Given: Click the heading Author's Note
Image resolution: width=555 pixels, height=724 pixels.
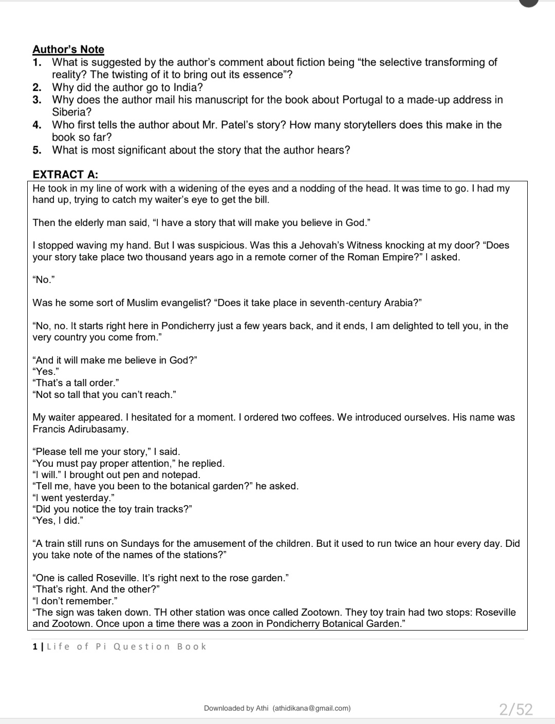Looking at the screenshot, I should pyautogui.click(x=68, y=49).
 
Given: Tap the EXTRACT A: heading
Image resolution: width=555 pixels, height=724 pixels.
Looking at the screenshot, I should pyautogui.click(x=65, y=175).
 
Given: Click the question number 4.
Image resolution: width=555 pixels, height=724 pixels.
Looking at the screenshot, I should pyautogui.click(x=36, y=125).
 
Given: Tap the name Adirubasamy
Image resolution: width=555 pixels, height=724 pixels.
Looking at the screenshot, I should pyautogui.click(x=97, y=429).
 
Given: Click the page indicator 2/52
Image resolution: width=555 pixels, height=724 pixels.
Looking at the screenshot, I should pyautogui.click(x=516, y=709).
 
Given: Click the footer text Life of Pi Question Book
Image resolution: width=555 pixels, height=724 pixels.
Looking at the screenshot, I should pyautogui.click(x=126, y=646).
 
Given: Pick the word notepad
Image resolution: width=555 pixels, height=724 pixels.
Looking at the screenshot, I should pyautogui.click(x=182, y=475).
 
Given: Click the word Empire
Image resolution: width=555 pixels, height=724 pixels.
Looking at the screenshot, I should pyautogui.click(x=396, y=257).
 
